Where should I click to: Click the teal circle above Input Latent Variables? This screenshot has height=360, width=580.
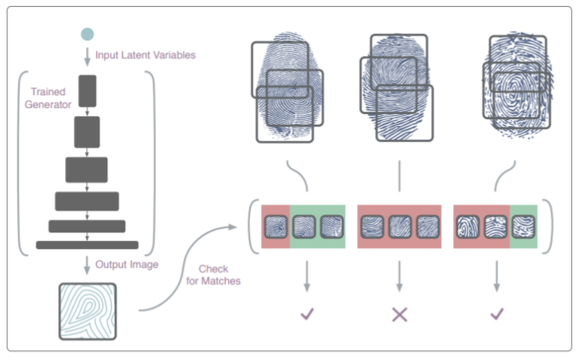pos(88,34)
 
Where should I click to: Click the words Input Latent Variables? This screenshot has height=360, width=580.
pos(145,55)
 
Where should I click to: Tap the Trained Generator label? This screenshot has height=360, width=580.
pos(48,98)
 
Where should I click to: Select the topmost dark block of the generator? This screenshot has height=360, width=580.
pos(88,91)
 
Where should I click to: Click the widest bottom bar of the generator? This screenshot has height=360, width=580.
pos(88,245)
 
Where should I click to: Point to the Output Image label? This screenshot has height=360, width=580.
pos(127,264)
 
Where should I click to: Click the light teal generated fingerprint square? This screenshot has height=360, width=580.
pos(88,311)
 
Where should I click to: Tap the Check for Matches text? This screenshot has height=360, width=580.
pos(213,275)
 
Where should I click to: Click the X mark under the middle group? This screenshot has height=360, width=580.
pos(400,315)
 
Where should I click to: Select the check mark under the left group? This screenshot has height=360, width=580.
pos(307,314)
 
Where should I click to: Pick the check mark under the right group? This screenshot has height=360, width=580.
pos(497,314)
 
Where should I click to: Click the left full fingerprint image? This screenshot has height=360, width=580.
pos(287,87)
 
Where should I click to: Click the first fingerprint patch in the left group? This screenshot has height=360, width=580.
pos(276,226)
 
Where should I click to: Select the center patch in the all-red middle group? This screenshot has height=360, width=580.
pos(400,226)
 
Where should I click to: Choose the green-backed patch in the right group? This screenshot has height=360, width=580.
pos(523,226)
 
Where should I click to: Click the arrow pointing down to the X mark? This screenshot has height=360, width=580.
pos(400,276)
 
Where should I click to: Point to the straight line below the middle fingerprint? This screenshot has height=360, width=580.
pos(400,176)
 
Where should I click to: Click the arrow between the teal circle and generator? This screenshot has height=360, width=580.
pos(88,57)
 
